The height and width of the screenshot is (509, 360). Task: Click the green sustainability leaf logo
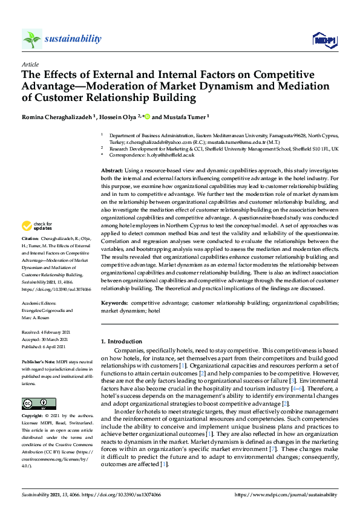32,39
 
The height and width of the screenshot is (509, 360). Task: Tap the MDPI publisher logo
324,40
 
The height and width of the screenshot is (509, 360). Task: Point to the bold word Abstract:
113,172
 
